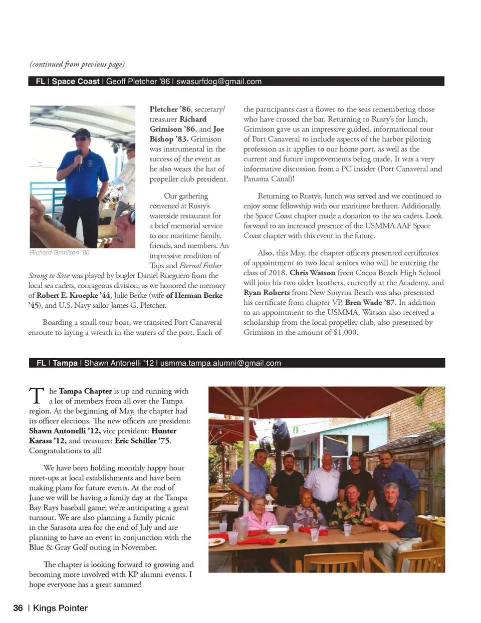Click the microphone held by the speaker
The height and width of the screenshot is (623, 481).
(79, 159)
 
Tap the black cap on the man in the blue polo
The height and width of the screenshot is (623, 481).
(81, 133)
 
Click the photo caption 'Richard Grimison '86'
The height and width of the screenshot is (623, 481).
(60, 253)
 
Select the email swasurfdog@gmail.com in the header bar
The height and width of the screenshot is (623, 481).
(219, 82)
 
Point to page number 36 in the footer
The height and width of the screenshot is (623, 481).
(18, 608)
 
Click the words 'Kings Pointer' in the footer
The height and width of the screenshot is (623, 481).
(60, 608)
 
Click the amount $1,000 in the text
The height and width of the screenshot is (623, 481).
(345, 332)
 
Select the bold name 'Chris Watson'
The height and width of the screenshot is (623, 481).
(312, 273)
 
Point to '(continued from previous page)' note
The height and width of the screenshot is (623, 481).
(77, 64)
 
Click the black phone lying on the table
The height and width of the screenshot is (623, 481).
(283, 541)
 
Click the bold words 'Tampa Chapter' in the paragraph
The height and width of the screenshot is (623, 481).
(85, 391)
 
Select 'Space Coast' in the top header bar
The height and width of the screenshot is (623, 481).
(76, 82)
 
